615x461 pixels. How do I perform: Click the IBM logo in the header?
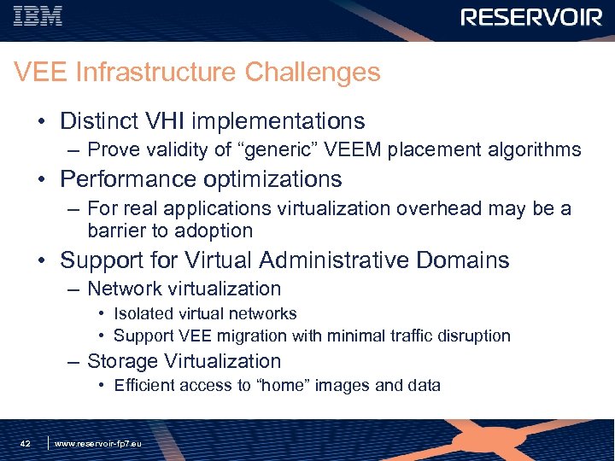point(38,16)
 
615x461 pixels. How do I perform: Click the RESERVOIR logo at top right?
point(531,18)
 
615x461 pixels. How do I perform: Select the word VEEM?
point(353,150)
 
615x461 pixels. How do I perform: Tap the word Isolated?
point(142,313)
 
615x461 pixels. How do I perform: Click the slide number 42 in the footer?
point(26,444)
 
